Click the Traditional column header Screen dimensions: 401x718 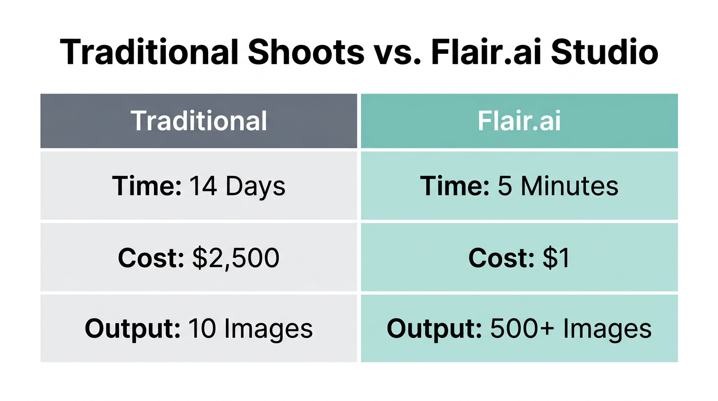(x=199, y=121)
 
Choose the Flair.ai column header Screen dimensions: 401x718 (x=519, y=121)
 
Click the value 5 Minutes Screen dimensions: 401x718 (x=558, y=186)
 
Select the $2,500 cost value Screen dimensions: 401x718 (x=235, y=258)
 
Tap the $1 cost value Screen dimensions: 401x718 (x=555, y=258)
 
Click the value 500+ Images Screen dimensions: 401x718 (x=571, y=328)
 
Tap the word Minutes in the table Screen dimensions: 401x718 (x=570, y=186)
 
